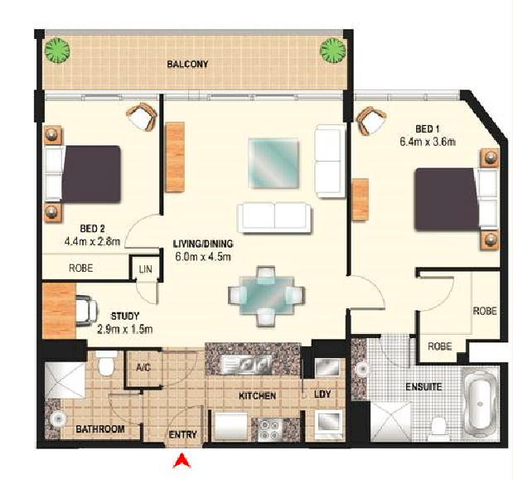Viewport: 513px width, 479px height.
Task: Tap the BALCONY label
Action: tap(187, 64)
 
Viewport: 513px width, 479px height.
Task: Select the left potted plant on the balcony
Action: tap(57, 51)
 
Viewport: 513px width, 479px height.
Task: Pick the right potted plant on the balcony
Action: tap(332, 51)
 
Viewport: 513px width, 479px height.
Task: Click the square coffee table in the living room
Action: tap(273, 163)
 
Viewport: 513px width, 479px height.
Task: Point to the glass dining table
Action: tap(266, 296)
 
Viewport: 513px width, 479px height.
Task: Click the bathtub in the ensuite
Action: tap(481, 404)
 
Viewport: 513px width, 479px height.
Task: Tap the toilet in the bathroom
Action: tap(106, 362)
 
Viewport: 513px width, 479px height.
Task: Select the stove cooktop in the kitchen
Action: tap(270, 429)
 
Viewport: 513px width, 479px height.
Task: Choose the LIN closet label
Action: tap(145, 269)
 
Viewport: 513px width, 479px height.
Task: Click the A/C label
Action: tap(143, 367)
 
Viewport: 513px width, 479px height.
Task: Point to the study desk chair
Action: tap(86, 311)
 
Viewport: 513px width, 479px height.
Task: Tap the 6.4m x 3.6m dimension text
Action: tap(428, 142)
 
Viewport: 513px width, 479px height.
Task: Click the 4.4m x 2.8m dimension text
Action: tap(92, 242)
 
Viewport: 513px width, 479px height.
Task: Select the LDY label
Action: tap(322, 394)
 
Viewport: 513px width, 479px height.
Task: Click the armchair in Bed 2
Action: tap(142, 117)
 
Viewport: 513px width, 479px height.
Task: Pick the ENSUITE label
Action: tap(423, 387)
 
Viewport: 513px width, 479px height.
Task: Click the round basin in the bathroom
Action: tap(58, 419)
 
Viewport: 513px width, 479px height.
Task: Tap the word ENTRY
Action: tap(183, 435)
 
